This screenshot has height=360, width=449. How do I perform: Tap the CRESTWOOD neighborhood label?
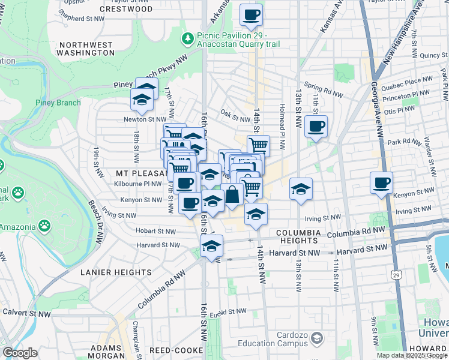pyautogui.click(x=126, y=9)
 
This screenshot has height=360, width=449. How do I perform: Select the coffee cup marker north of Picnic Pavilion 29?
pyautogui.click(x=252, y=15)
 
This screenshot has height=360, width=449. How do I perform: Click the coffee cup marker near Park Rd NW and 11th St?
pyautogui.click(x=316, y=127)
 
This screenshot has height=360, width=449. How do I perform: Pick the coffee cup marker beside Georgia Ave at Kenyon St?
pyautogui.click(x=381, y=183)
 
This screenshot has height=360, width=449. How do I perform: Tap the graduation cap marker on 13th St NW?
pyautogui.click(x=301, y=190)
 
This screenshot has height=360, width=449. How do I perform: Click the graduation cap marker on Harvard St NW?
pyautogui.click(x=211, y=246)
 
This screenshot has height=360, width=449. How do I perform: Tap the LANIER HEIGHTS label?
pyautogui.click(x=116, y=272)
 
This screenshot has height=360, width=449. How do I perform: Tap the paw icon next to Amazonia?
pyautogui.click(x=44, y=226)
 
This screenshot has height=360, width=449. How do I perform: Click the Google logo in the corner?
pyautogui.click(x=20, y=353)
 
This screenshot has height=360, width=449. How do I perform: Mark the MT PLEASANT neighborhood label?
pyautogui.click(x=139, y=172)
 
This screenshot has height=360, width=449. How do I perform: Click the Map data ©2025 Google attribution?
pyautogui.click(x=411, y=355)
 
